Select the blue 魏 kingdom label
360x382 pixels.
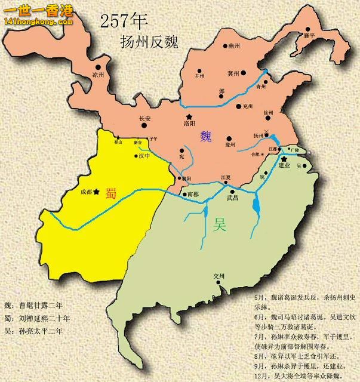[206, 136]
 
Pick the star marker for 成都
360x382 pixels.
[96, 192]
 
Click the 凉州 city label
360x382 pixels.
[98, 75]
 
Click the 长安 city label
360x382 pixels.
[145, 118]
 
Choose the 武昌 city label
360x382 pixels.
[232, 198]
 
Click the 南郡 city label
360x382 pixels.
[193, 195]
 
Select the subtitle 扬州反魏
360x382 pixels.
[148, 42]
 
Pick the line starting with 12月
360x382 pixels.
[300, 375]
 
